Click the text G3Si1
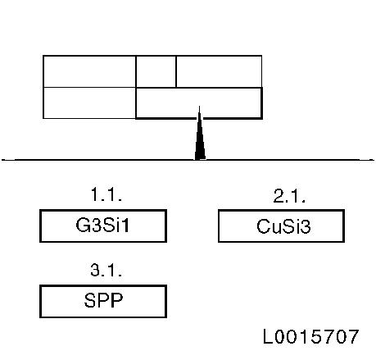pos(102,226)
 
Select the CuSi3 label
pos(283,226)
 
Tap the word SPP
pos(103,300)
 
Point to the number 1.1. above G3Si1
pos(106,194)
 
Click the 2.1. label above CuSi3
pos(289,196)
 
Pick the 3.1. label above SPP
pos(106,271)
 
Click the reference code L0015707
pos(310,336)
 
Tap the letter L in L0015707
pos(268,336)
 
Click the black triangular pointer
pos(200,137)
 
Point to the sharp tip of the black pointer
pos(200,107)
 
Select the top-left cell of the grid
pos(89,71)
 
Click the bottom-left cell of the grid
pos(89,103)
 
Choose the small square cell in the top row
pos(156,71)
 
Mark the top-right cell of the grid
pos(219,71)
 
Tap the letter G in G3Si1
pos(82,226)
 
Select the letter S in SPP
pos(89,300)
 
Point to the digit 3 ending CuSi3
pos(306,227)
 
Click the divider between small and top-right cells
pos(176,71)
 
